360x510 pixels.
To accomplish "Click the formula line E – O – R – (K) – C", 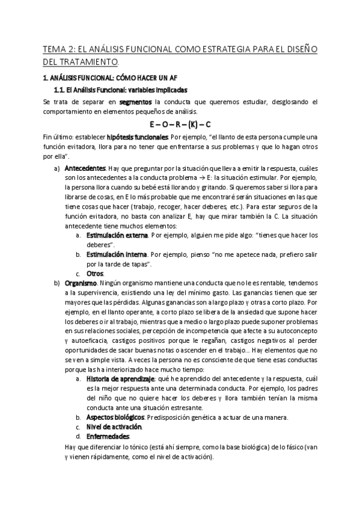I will pyautogui.click(x=180, y=125).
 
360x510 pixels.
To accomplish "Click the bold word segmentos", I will pyautogui.click(x=136, y=102).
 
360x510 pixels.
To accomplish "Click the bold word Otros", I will pyautogui.click(x=95, y=273).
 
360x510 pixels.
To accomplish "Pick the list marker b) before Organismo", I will pyautogui.click(x=56, y=282).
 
